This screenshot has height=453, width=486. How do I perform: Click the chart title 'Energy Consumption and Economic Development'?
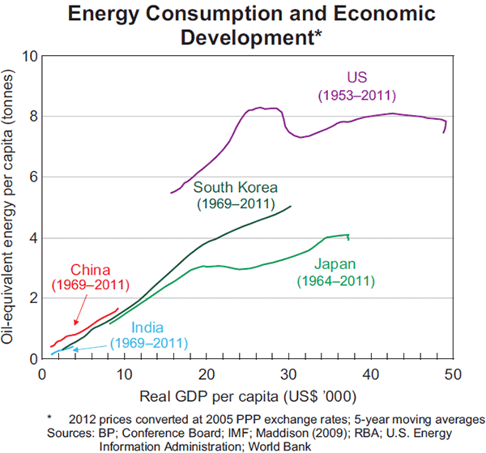click(250, 25)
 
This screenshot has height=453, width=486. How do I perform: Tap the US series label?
click(356, 78)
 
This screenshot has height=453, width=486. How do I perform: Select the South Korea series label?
click(235, 187)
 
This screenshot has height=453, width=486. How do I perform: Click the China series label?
click(90, 269)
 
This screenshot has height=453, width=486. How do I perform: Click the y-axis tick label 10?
click(29, 57)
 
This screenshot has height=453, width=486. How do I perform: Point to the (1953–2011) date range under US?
click(357, 95)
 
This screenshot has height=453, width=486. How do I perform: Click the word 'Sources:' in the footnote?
click(70, 432)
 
